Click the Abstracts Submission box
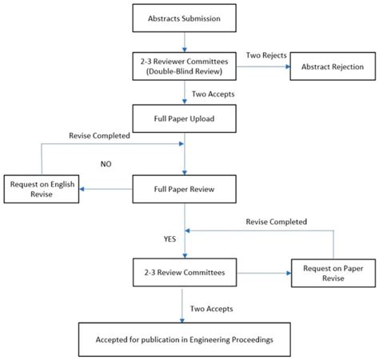click(x=186, y=18)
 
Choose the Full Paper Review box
click(x=186, y=190)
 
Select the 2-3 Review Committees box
click(x=186, y=272)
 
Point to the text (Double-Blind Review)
click(x=186, y=72)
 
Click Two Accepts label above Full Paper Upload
click(x=209, y=94)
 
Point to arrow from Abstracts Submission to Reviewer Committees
click(x=186, y=41)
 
